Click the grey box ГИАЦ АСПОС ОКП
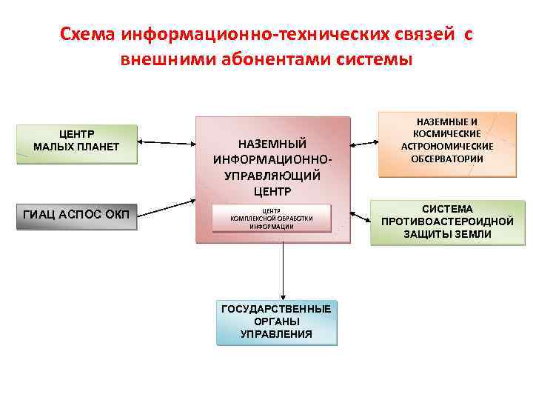coord(76,216)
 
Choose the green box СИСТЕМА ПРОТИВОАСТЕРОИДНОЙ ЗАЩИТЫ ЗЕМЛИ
coord(447,221)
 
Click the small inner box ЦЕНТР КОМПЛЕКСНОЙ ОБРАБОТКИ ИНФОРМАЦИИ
coord(272,219)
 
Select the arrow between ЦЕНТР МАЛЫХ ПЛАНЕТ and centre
coord(167,142)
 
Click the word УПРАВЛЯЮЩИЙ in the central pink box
coord(272,176)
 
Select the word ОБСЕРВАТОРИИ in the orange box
coord(447,159)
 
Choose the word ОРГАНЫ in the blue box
coord(276,321)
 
